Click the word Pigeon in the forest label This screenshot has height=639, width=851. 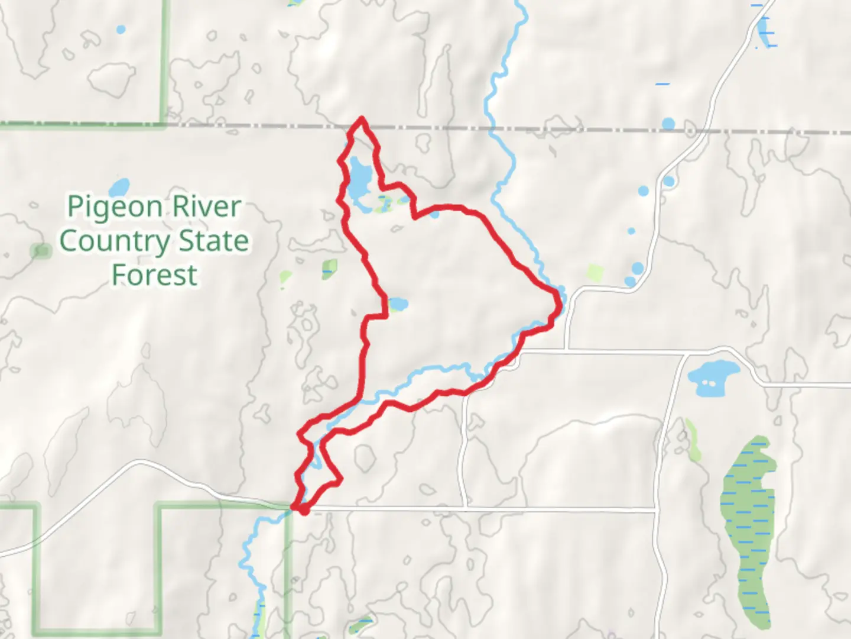(115, 207)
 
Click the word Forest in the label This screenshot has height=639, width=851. (154, 275)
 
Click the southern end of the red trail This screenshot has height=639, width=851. (302, 510)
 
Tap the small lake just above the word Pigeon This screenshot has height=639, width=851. (119, 188)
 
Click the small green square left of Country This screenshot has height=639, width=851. (41, 251)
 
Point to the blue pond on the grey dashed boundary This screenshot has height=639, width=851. (668, 124)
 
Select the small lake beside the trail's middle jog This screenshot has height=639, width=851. (397, 305)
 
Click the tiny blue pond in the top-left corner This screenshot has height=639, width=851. (121, 28)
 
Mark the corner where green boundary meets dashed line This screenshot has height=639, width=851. (164, 124)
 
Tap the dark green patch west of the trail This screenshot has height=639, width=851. (329, 269)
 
